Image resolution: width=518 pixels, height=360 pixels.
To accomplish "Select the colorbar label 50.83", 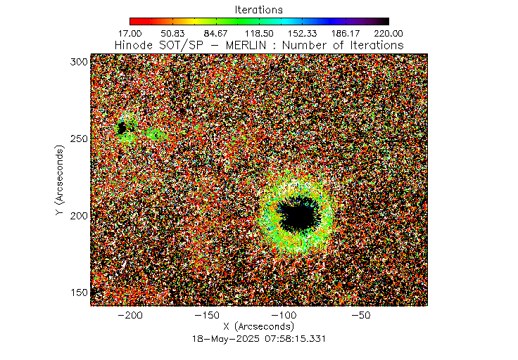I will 173,33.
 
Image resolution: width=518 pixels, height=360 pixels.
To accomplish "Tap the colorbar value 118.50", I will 259,33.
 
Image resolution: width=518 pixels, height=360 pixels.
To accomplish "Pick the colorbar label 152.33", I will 302,33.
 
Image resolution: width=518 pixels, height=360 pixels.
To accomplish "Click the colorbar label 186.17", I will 345,33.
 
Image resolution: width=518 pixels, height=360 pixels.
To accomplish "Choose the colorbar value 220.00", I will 388,33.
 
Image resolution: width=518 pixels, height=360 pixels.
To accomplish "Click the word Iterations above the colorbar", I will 259,10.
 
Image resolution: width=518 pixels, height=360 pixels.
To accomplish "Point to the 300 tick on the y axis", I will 79,62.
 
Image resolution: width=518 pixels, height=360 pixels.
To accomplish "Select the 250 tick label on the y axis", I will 79,139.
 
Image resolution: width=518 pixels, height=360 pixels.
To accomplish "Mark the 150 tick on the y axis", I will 79,292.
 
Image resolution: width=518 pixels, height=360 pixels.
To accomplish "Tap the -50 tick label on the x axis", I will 363,316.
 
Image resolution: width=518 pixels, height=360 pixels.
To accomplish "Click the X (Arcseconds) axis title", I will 259,327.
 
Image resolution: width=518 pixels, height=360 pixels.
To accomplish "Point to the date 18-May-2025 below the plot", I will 226,338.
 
